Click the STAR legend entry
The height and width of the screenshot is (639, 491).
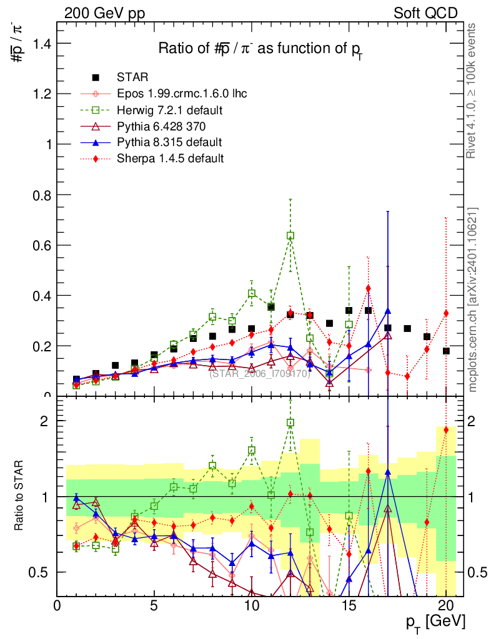pyautogui.click(x=132, y=77)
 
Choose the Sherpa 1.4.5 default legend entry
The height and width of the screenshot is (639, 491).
pyautogui.click(x=170, y=159)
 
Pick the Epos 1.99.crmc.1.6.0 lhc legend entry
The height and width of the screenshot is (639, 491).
pyautogui.click(x=182, y=94)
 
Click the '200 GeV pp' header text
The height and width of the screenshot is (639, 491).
pyautogui.click(x=104, y=13)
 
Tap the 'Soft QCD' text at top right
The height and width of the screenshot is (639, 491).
pyautogui.click(x=425, y=13)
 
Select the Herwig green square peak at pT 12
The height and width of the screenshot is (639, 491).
pyautogui.click(x=290, y=236)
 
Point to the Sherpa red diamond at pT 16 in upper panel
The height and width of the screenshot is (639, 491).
pyautogui.click(x=368, y=288)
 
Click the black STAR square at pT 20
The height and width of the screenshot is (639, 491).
pyautogui.click(x=446, y=351)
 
